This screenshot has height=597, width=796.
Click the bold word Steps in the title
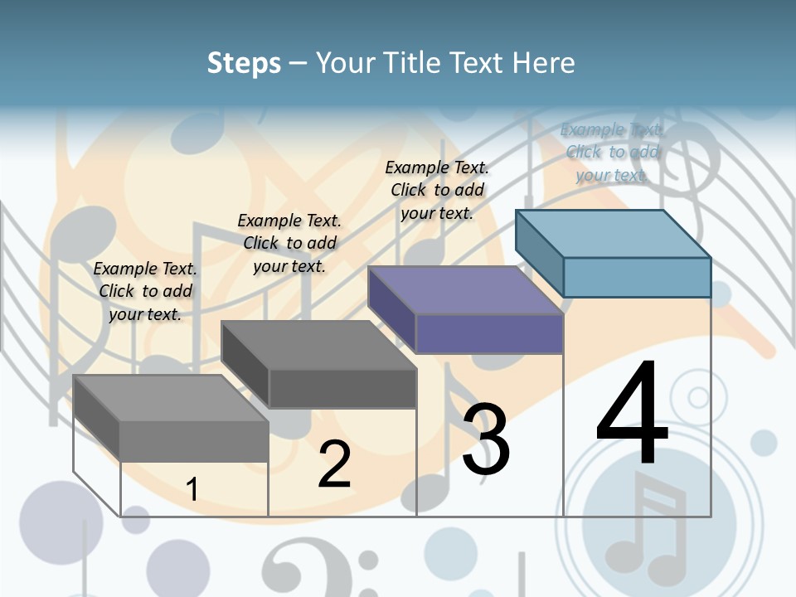pyautogui.click(x=244, y=63)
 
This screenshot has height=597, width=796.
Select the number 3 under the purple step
pyautogui.click(x=486, y=439)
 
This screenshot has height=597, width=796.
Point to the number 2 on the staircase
pyautogui.click(x=335, y=464)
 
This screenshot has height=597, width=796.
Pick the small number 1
pyautogui.click(x=192, y=489)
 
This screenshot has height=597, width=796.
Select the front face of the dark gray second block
pyautogui.click(x=342, y=388)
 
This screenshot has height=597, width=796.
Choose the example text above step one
pyautogui.click(x=145, y=291)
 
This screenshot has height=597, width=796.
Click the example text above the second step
pyautogui.click(x=289, y=243)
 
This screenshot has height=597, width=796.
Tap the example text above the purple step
pyautogui.click(x=437, y=190)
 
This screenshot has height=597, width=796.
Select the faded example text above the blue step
pyautogui.click(x=612, y=152)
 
